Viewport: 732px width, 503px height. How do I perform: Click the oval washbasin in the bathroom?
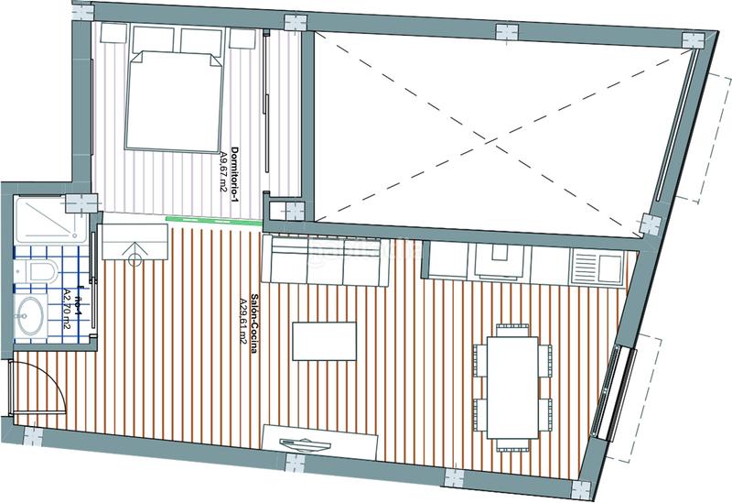pos(30,315)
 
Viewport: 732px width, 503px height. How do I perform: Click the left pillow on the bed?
pos(149,39)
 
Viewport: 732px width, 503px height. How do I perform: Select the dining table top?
pos(513,386)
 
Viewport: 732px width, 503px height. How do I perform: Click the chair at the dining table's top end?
pos(512,328)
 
